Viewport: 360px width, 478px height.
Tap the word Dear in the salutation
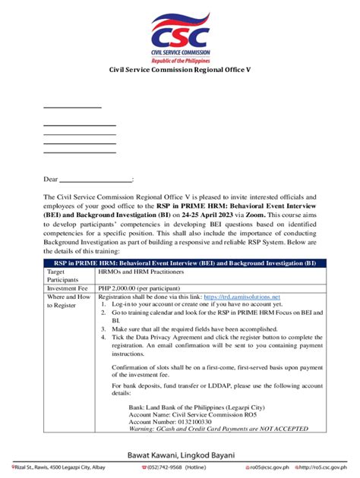[50, 180]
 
